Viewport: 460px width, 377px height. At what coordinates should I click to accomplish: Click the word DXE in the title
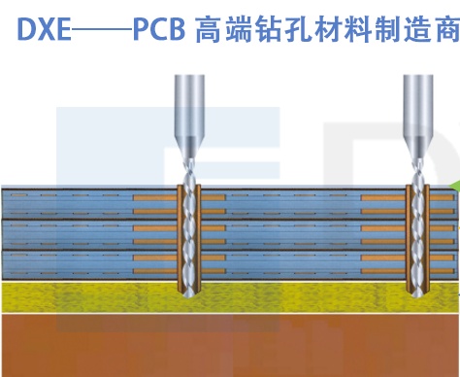44,30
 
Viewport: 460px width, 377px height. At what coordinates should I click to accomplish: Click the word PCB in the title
159,30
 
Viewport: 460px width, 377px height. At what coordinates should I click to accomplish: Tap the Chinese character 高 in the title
209,30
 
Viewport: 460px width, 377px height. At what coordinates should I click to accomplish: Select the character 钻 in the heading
267,30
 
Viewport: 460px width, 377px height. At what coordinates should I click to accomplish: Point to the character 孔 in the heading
297,30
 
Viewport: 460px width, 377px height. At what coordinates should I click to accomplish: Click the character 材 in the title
326,30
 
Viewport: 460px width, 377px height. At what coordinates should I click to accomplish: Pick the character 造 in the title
414,30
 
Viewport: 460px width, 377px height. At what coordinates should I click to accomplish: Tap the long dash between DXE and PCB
102,30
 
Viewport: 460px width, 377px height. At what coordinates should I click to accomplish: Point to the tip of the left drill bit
189,296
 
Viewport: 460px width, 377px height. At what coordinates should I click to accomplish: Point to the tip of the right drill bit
417,296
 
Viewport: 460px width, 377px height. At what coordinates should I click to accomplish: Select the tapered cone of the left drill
189,148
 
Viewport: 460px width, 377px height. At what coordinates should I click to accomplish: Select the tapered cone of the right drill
418,148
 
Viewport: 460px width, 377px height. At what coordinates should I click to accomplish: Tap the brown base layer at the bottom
230,346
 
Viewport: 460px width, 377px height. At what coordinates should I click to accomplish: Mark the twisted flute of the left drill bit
189,226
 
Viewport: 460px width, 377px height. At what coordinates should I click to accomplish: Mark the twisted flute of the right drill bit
417,226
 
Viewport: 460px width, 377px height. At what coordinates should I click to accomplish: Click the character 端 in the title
238,30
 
